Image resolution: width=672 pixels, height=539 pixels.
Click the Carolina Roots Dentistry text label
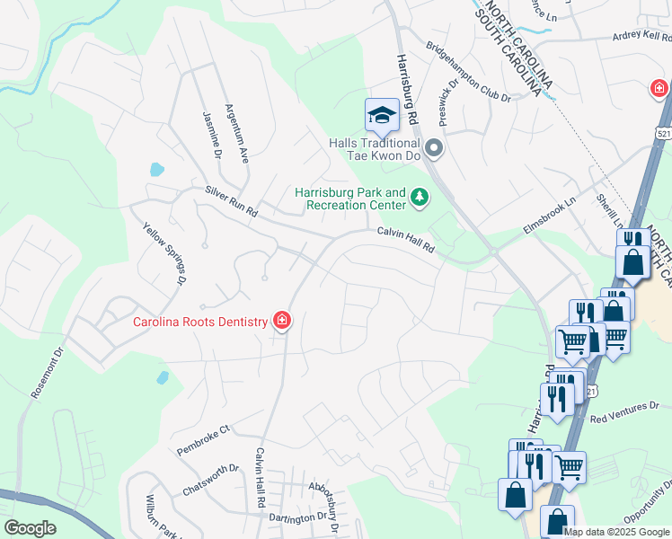[x=200, y=322]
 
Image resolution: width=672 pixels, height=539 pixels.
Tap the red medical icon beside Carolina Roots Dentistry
[x=282, y=321]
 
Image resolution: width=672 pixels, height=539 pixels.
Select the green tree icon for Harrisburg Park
[x=419, y=197]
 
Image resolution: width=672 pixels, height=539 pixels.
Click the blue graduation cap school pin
[x=382, y=115]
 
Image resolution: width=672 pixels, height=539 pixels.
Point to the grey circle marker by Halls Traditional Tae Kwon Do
[x=435, y=147]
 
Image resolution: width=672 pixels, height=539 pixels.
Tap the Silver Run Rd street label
[x=231, y=202]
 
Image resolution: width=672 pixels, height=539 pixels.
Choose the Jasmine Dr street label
[x=212, y=136]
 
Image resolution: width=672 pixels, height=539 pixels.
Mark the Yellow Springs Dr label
[x=164, y=254]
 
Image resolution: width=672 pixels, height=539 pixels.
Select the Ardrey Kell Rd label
[x=641, y=37]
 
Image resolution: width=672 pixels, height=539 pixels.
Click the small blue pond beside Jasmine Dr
[x=156, y=169]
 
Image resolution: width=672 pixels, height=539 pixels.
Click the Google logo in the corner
[x=30, y=528]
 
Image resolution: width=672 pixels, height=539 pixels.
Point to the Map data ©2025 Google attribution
[x=616, y=532]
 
